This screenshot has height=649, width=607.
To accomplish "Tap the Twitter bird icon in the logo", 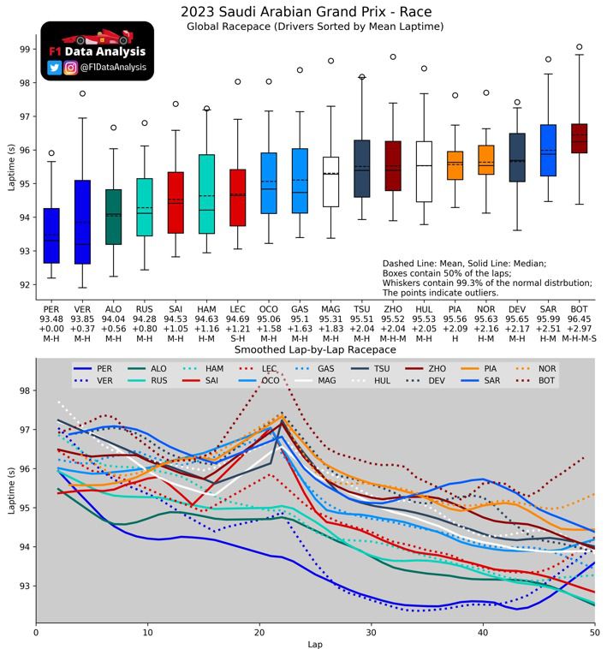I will tap(55, 68).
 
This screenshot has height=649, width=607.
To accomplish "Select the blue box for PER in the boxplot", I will tap(51, 235).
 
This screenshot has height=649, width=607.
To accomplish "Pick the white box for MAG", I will tap(330, 182).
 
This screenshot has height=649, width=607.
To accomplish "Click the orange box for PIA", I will tap(455, 165).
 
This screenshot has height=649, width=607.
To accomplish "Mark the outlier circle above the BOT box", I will tap(579, 47).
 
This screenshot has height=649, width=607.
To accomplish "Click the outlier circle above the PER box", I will tap(51, 153).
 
